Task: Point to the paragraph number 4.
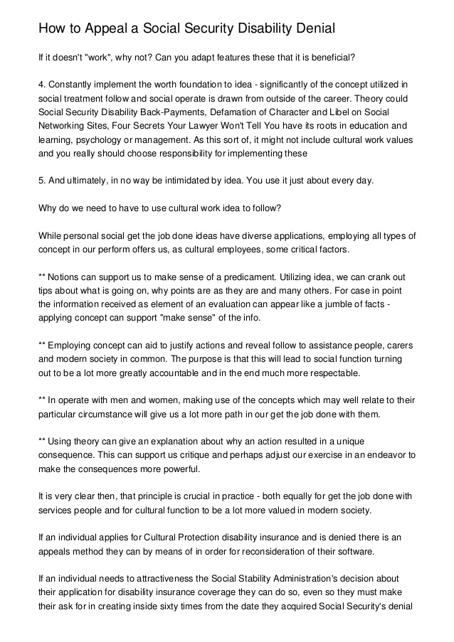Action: [x=41, y=85]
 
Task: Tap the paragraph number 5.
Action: [x=41, y=181]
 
